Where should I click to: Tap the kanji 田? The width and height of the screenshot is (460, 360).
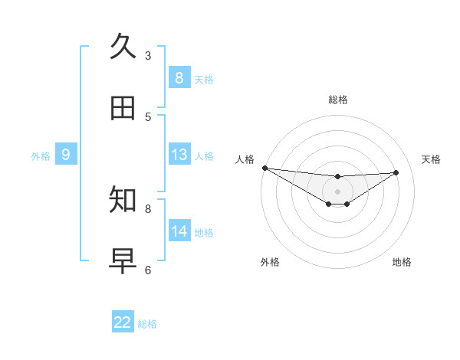pyautogui.click(x=123, y=108)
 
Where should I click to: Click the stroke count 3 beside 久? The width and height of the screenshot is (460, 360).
pyautogui.click(x=148, y=55)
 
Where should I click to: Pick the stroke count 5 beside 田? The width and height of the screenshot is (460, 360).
pyautogui.click(x=148, y=116)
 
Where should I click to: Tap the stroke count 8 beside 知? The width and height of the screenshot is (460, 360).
pyautogui.click(x=148, y=208)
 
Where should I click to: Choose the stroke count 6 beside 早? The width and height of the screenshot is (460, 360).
pyautogui.click(x=148, y=270)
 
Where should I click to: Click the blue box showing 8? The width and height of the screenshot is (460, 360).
pyautogui.click(x=179, y=77)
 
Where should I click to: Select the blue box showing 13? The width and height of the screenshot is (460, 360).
pyautogui.click(x=179, y=155)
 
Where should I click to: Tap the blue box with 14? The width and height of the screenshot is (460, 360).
pyautogui.click(x=179, y=231)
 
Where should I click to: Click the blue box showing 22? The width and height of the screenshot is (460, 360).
pyautogui.click(x=123, y=322)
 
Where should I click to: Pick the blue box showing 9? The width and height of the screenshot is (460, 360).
pyautogui.click(x=66, y=155)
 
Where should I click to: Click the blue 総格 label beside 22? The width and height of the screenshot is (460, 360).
pyautogui.click(x=147, y=324)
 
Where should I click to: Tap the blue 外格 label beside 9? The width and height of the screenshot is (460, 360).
pyautogui.click(x=41, y=156)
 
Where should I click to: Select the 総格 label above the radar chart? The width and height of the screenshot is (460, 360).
pyautogui.click(x=338, y=100)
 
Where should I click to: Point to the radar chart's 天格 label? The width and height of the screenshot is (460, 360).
pyautogui.click(x=431, y=159)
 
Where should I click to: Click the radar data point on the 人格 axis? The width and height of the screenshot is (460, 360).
pyautogui.click(x=264, y=168)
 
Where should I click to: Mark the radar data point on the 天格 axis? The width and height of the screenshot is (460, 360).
pyautogui.click(x=396, y=172)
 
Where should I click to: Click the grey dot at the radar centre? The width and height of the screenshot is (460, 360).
pyautogui.click(x=338, y=191)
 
